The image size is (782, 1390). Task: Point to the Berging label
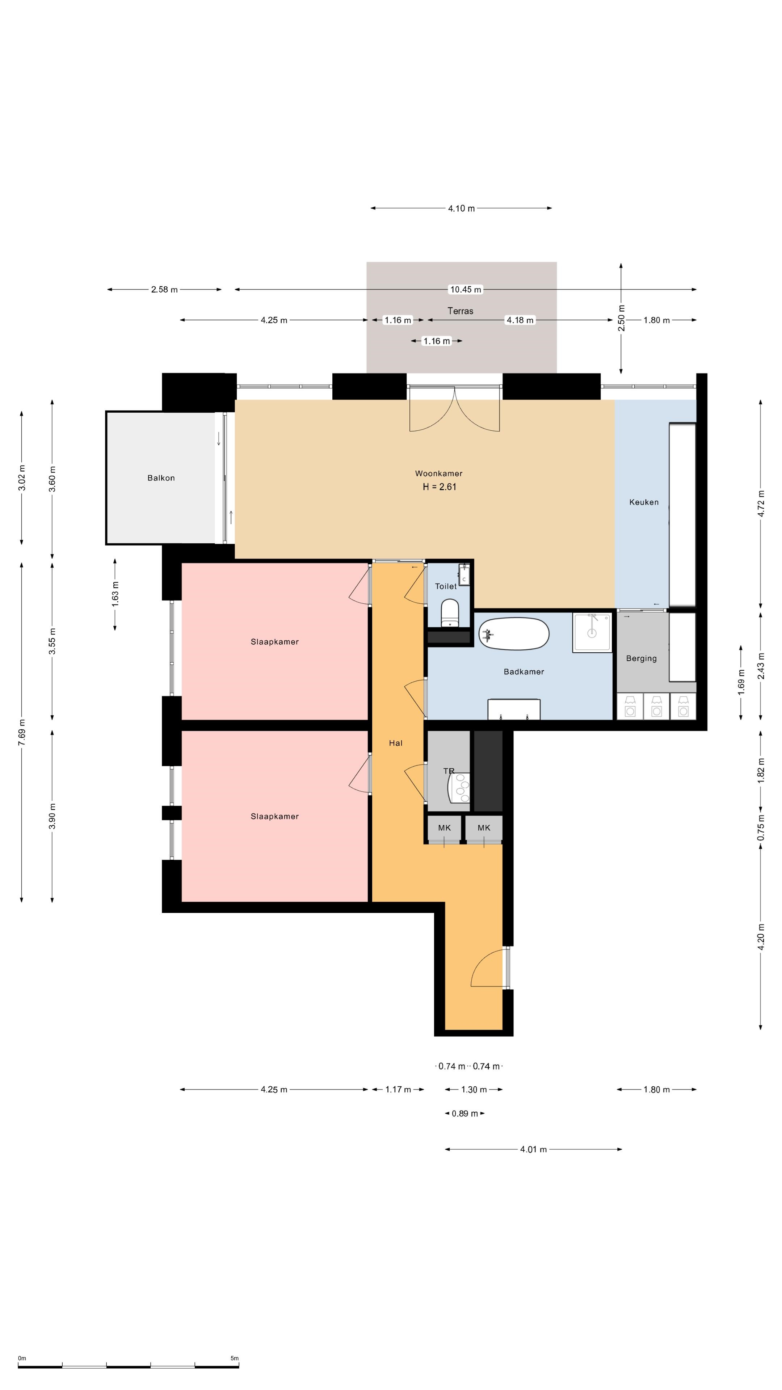641,658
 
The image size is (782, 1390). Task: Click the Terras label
461,311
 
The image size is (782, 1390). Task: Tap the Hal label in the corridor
396,743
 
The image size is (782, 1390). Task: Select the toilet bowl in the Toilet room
450,614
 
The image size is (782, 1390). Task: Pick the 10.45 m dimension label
466,290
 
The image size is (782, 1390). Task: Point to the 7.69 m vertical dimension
22,732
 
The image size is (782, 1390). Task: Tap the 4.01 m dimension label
533,1149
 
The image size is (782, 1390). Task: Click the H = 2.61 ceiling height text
439,487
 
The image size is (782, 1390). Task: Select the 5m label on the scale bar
234,1358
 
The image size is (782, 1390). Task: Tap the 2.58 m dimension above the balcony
164,290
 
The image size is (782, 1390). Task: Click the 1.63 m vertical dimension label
115,594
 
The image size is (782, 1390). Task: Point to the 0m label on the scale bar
22,1358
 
